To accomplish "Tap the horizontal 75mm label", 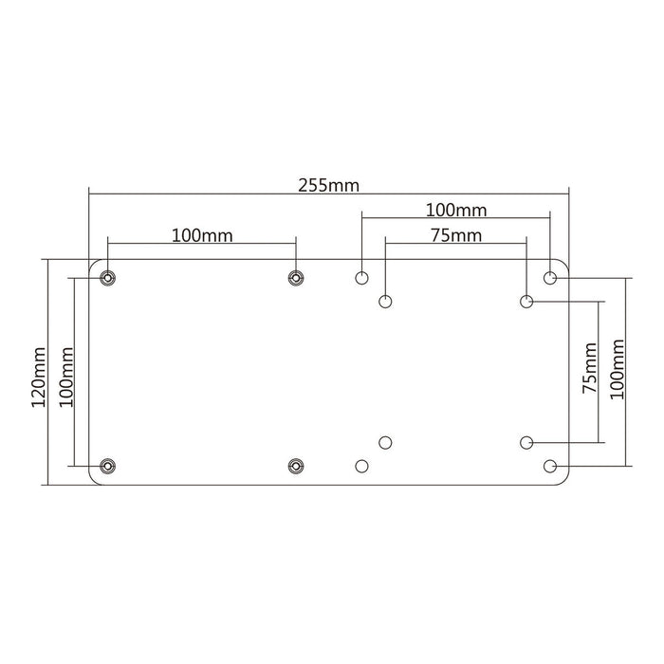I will (x=455, y=236).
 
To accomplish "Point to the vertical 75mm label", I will (x=591, y=372).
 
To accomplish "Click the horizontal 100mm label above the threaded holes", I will (x=203, y=234).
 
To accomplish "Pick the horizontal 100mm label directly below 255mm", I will (x=454, y=208).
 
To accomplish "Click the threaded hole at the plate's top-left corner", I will (x=108, y=278).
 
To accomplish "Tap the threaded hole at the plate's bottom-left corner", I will (x=108, y=466).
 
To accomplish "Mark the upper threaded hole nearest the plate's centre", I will (x=296, y=278).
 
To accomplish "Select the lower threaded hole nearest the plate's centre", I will (x=296, y=466).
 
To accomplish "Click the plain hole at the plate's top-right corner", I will (x=550, y=278).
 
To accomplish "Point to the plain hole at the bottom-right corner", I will (x=550, y=466).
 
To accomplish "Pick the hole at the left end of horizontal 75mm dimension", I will (x=385, y=302).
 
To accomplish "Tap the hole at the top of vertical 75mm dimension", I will (x=526, y=302).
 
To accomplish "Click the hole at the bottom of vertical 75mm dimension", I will (x=526, y=442).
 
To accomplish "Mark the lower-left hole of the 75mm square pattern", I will (x=385, y=442).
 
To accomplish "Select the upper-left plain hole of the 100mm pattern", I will (x=361, y=278).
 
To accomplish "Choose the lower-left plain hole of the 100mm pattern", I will (x=361, y=466).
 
